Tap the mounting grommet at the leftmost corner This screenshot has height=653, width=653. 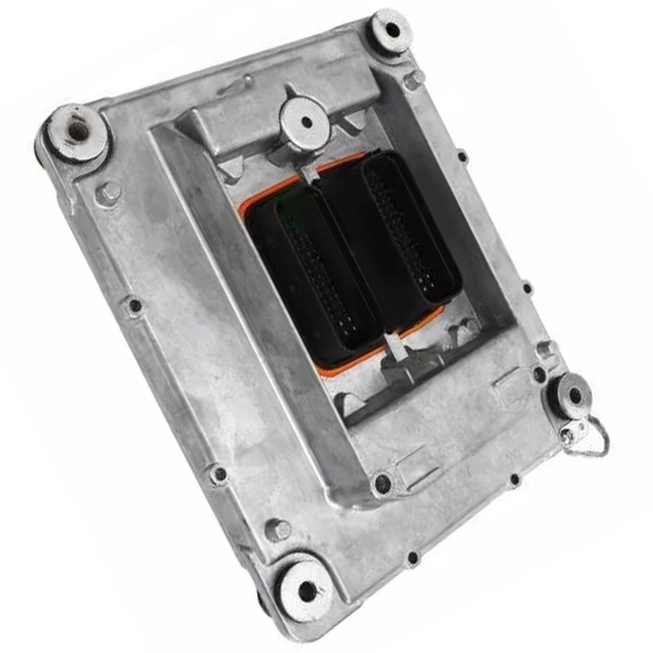pyautogui.click(x=76, y=132)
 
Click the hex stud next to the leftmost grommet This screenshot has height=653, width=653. pyautogui.click(x=109, y=195)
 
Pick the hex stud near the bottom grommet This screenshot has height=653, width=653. pyautogui.click(x=278, y=530)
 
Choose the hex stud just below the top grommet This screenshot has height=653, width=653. pyautogui.click(x=413, y=80)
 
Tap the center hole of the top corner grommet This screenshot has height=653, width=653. pyautogui.click(x=393, y=30)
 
